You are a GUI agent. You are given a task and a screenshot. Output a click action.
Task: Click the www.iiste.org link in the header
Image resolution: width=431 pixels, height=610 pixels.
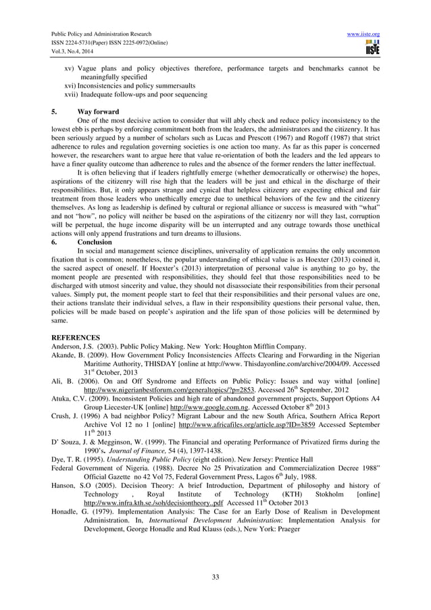click(364, 34)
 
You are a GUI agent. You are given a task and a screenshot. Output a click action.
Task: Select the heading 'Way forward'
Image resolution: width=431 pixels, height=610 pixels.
click(98, 111)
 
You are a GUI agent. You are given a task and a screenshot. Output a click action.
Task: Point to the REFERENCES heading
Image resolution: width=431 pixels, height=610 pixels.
click(76, 337)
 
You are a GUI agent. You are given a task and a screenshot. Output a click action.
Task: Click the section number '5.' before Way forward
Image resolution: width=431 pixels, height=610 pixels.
click(55, 111)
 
